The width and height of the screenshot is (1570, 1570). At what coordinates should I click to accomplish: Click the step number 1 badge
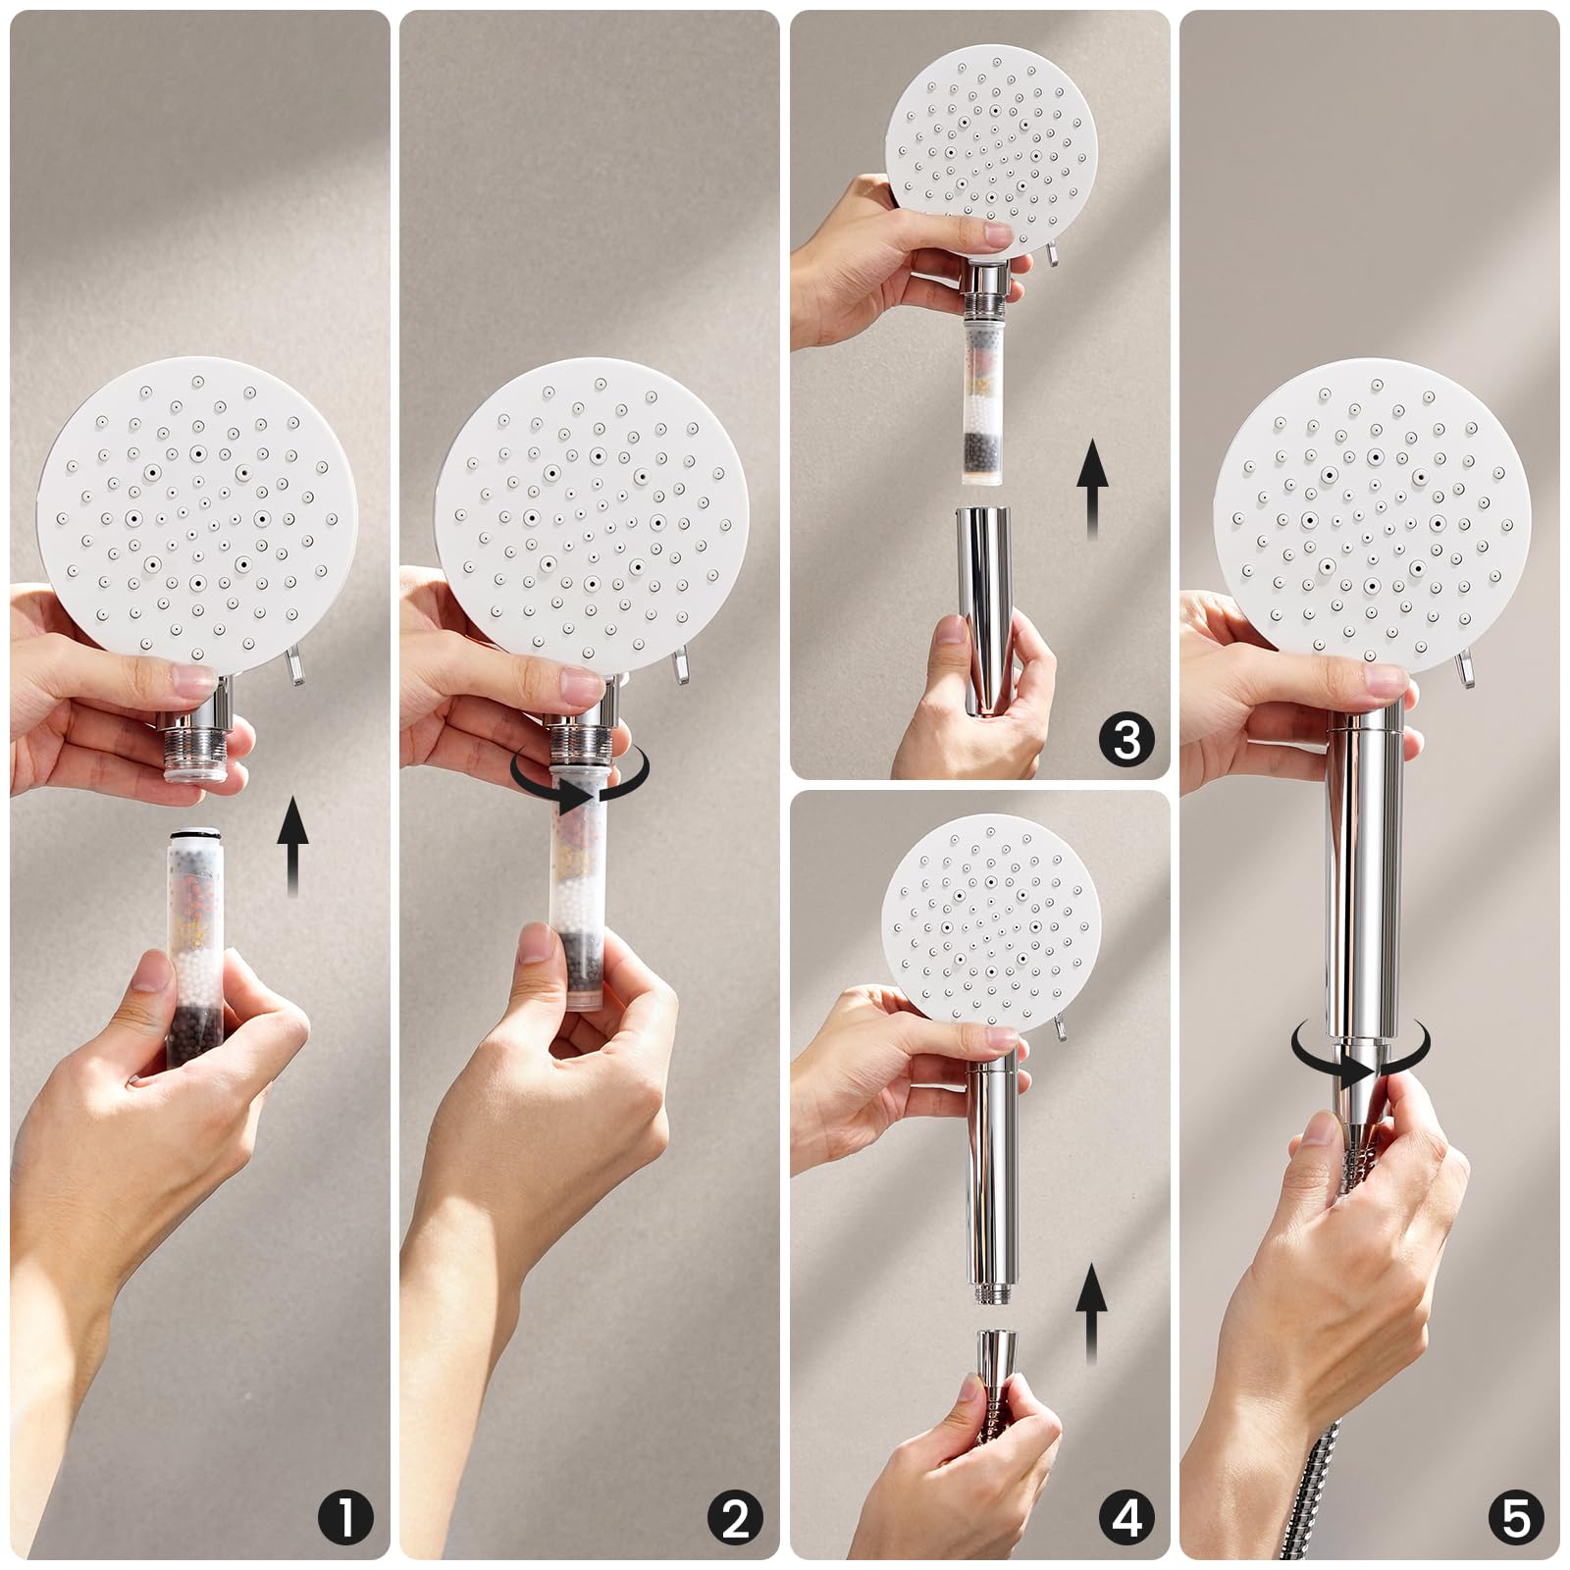coord(345,1518)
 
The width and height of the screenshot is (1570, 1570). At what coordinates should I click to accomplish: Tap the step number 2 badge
coord(735,1518)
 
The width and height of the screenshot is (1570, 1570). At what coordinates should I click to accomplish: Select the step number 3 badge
coord(1126,739)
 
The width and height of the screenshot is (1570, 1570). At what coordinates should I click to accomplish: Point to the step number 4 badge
coord(1126,1518)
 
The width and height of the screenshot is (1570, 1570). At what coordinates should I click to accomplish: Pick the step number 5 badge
coord(1516,1518)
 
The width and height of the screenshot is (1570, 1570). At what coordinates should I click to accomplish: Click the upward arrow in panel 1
coord(291,847)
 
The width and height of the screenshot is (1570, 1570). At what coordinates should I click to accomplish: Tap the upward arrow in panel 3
coord(1092,490)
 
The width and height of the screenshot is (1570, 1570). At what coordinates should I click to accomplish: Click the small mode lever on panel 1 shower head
coord(292,667)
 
